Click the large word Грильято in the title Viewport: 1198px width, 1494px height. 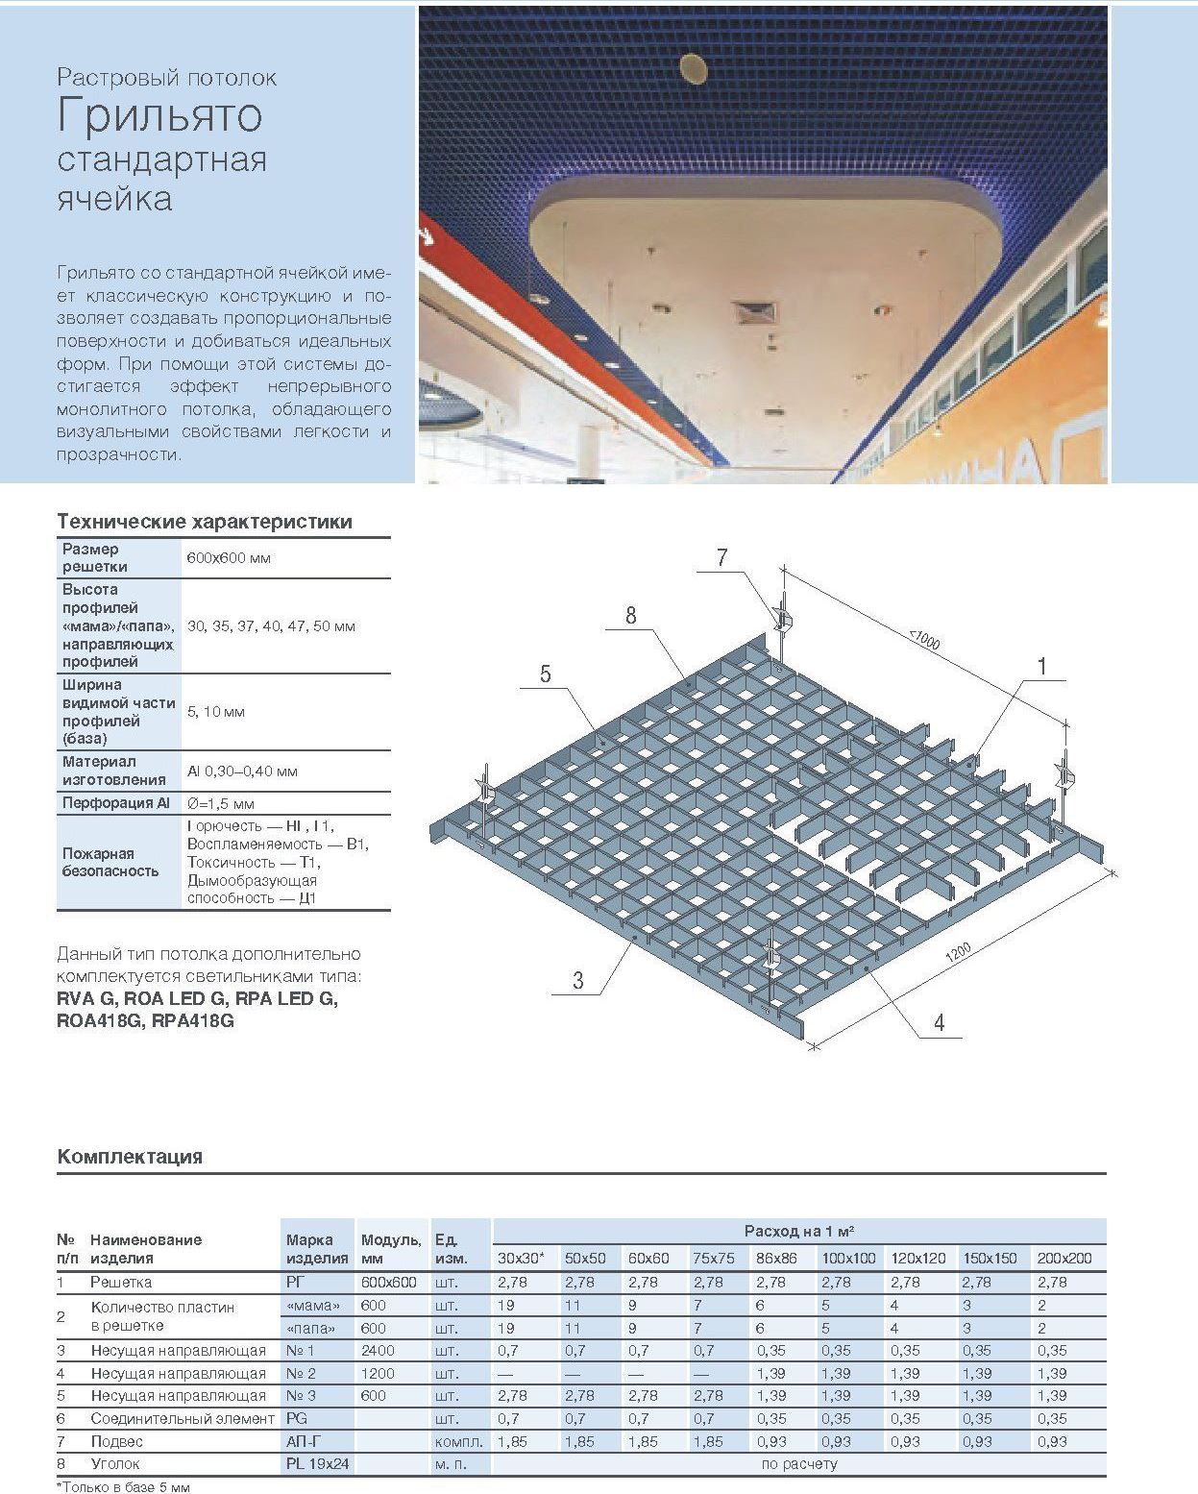point(159,115)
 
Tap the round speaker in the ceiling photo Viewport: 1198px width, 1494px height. point(694,69)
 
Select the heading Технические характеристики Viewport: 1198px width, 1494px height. point(205,522)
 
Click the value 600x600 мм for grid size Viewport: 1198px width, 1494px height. point(229,558)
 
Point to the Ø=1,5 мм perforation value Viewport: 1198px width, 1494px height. point(221,803)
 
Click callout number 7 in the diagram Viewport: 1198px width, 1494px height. point(721,557)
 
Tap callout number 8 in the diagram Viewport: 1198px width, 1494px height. point(630,615)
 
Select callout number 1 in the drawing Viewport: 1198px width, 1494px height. point(1041,666)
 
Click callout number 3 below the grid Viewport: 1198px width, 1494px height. point(577,980)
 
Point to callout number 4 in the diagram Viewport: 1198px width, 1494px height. point(939,1022)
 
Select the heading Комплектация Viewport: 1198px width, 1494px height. point(130,1156)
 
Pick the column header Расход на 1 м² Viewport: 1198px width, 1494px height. point(799,1231)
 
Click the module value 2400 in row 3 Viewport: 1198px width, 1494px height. point(379,1350)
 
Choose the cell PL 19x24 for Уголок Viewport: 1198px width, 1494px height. point(318,1464)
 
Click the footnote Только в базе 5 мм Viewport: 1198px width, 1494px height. point(124,1487)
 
